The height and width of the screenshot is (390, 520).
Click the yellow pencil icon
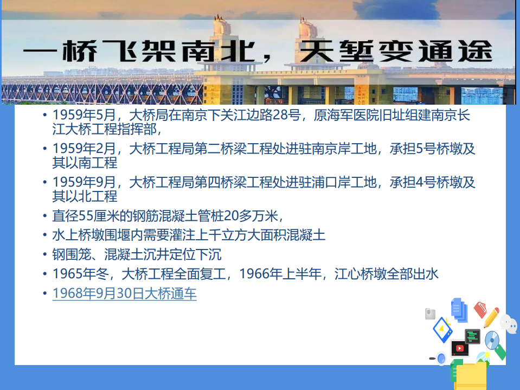pyautogui.click(x=491, y=317)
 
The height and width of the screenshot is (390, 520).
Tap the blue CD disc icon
pyautogui.click(x=492, y=340)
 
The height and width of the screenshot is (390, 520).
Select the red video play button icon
pyautogui.click(x=460, y=348)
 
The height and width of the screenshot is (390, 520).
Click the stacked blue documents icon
pyautogui.click(x=459, y=310)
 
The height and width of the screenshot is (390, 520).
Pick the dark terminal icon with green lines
pyautogui.click(x=473, y=336)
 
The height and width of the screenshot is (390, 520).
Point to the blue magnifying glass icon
pyautogui.click(x=438, y=359)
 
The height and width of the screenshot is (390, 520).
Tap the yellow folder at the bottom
pyautogui.click(x=471, y=376)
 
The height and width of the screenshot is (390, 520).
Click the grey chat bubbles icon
pyautogui.click(x=509, y=324)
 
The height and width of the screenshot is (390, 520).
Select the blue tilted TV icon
pyautogui.click(x=442, y=330)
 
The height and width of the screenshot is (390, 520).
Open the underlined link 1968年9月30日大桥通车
pyautogui.click(x=124, y=293)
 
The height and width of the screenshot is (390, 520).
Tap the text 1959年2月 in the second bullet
pyautogui.click(x=84, y=149)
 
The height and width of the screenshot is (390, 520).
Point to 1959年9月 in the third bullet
pyautogui.click(x=84, y=182)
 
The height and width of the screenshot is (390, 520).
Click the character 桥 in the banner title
pyautogui.click(x=80, y=51)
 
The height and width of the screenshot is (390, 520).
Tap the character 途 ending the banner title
pyautogui.click(x=475, y=51)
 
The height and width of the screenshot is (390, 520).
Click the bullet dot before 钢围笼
pyautogui.click(x=45, y=254)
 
